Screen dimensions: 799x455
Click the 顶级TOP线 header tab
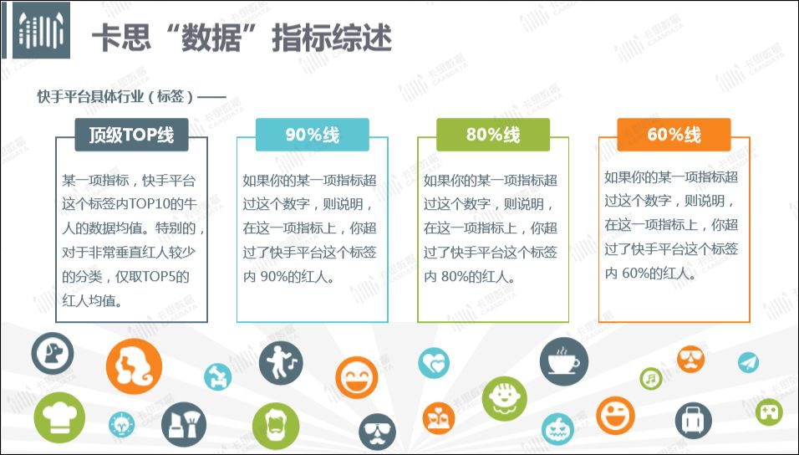(x=131, y=135)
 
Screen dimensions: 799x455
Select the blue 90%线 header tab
(x=312, y=135)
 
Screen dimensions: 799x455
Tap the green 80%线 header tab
(x=493, y=135)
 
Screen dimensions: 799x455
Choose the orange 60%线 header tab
(x=674, y=135)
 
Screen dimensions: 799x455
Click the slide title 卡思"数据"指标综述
(x=242, y=38)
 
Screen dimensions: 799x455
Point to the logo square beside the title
(x=41, y=32)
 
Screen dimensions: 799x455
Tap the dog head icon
(x=53, y=354)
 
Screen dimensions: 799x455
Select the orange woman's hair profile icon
(x=134, y=366)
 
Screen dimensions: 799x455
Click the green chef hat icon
(x=59, y=417)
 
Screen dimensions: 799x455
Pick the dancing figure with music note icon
(x=281, y=363)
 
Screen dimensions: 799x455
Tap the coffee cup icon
(x=563, y=361)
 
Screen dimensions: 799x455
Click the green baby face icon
(x=505, y=399)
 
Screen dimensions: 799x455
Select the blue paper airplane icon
(x=749, y=363)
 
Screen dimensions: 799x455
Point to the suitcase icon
(x=693, y=421)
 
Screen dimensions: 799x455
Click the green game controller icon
(x=769, y=412)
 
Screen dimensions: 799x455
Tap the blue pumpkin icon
(x=557, y=429)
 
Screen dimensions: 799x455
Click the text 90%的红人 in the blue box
(x=294, y=277)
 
